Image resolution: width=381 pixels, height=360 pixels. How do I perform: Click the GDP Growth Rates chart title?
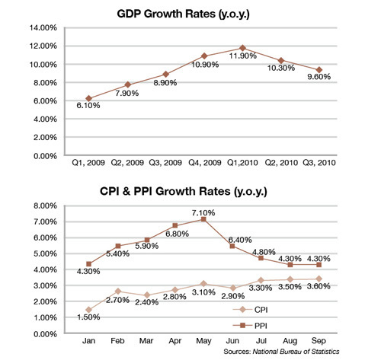(183, 14)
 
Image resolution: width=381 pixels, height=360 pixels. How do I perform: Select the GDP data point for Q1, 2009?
(88, 98)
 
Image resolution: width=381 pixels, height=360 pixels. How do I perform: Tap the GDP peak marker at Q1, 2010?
(242, 48)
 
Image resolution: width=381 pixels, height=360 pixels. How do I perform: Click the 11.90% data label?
(243, 56)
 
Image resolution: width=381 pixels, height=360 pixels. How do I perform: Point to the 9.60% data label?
(319, 76)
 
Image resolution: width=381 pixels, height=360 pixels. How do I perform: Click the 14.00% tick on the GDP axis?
(43, 27)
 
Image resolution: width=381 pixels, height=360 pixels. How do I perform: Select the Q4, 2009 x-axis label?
(204, 162)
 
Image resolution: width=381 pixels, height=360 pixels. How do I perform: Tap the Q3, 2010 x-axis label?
(319, 162)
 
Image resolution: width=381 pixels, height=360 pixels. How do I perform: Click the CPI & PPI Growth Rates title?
(184, 191)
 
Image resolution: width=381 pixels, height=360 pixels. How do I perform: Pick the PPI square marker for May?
(203, 219)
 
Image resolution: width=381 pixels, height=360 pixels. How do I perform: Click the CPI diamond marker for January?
(88, 310)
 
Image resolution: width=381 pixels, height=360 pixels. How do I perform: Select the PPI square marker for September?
(319, 265)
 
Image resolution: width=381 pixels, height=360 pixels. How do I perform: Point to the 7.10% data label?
(203, 212)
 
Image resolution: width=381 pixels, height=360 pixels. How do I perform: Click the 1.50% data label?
(88, 317)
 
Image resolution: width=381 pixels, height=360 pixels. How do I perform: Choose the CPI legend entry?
(250, 310)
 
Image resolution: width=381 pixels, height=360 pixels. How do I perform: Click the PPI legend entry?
(250, 326)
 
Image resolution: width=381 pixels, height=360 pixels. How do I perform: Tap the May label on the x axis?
(203, 341)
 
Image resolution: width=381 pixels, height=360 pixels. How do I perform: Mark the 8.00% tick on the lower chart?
(45, 205)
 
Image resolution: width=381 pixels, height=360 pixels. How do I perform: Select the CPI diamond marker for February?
(117, 292)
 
